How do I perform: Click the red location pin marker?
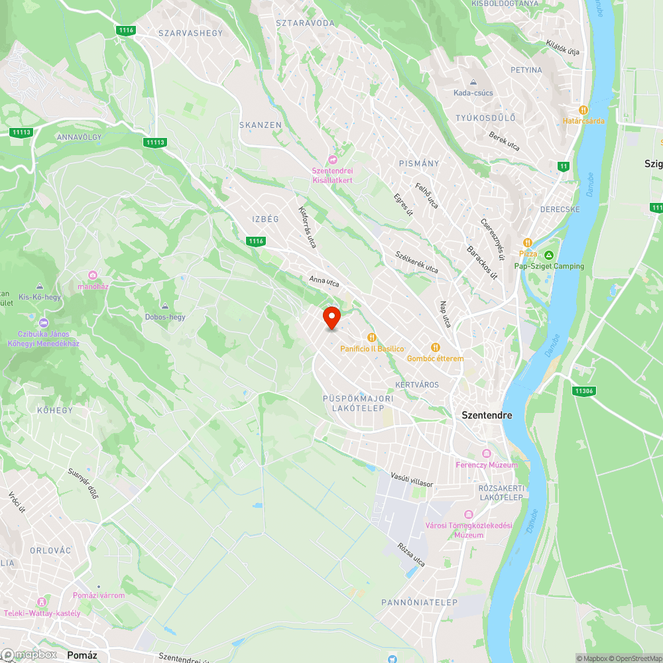coord(331,318)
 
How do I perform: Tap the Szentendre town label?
coord(487,415)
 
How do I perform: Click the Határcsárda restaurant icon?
coord(583,110)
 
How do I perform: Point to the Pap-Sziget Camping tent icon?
coord(549,256)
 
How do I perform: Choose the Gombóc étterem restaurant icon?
coord(436,347)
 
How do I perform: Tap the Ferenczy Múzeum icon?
coord(487,454)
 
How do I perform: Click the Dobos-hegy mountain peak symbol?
coord(165,306)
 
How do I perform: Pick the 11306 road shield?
coord(584,391)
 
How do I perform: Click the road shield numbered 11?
coord(564,166)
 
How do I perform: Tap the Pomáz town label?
coord(82,655)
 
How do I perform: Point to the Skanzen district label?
coord(261,125)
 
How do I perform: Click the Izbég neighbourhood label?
coord(266,219)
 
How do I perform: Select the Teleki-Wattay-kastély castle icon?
coord(42,602)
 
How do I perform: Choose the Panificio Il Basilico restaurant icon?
coord(372,337)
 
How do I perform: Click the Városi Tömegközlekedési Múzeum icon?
coord(469,515)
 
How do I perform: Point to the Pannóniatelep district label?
coord(420,602)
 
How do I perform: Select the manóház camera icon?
coord(93,275)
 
